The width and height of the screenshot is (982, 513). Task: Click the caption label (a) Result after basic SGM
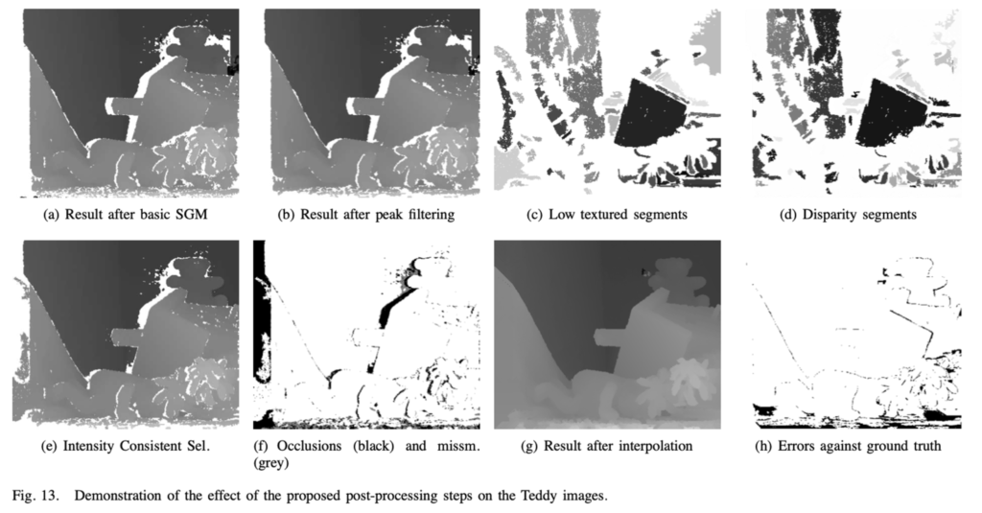(x=125, y=215)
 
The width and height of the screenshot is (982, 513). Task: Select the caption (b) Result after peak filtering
(x=365, y=215)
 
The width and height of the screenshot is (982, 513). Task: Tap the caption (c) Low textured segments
(x=607, y=215)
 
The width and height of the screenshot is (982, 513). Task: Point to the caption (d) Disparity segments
(x=848, y=215)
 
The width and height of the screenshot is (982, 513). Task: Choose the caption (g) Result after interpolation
(x=607, y=446)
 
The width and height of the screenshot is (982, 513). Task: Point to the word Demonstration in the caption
(x=117, y=496)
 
